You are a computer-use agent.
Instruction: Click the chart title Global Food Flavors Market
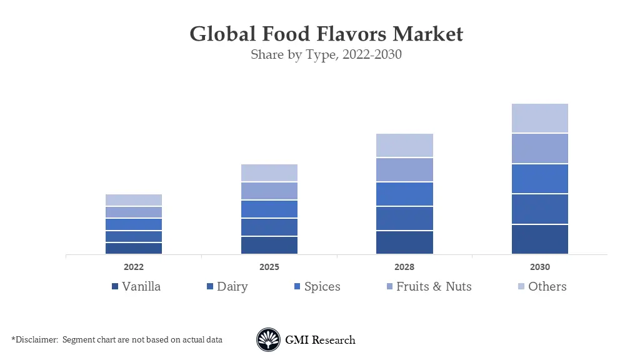326,33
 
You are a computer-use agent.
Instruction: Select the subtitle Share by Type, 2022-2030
326,54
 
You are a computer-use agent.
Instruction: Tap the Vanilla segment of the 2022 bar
134,248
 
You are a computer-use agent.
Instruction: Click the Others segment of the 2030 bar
539,118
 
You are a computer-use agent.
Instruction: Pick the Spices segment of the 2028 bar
404,194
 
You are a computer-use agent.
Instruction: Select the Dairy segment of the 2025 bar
269,227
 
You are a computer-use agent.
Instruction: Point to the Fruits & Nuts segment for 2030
539,149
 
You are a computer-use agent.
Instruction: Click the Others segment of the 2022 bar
134,200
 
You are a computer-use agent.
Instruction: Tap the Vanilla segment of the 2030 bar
539,239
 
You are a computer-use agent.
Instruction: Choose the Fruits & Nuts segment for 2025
269,191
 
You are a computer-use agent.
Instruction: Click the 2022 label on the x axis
134,267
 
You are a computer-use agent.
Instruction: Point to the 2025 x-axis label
269,267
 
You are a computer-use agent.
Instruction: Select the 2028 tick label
404,267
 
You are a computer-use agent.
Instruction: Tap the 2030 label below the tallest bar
540,267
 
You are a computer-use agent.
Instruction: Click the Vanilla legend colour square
115,287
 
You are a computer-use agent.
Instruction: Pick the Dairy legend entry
232,287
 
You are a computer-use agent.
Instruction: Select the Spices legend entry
322,287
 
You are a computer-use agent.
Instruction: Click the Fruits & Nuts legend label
433,287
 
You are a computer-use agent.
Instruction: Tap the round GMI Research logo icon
268,340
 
